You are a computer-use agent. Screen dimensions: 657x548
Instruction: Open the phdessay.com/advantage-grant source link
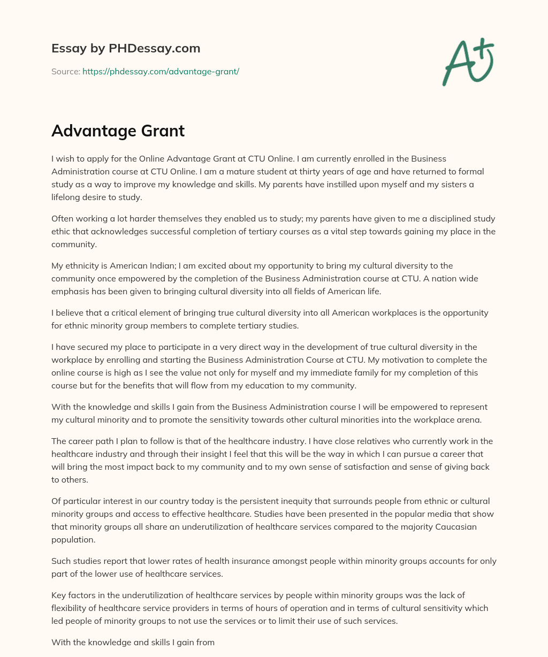(161, 71)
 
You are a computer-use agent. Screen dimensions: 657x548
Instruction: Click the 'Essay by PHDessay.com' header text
(126, 49)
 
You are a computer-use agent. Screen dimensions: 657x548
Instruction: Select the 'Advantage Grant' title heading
(118, 131)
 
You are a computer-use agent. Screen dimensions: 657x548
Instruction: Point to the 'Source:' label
(65, 71)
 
